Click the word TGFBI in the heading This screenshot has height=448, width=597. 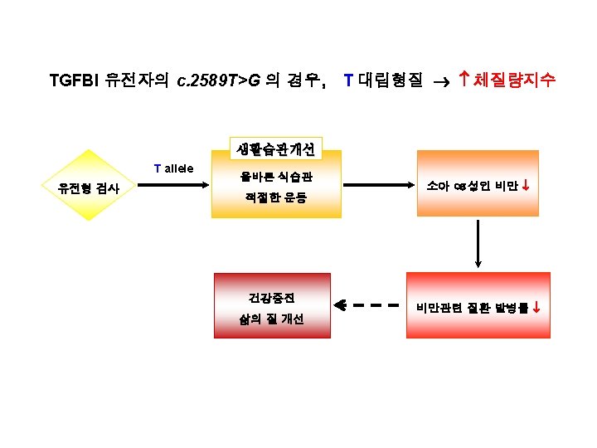pyautogui.click(x=75, y=80)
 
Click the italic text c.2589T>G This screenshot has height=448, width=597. pyautogui.click(x=218, y=80)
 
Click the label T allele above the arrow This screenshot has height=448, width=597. pyautogui.click(x=173, y=168)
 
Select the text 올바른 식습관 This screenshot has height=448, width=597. pyautogui.click(x=276, y=177)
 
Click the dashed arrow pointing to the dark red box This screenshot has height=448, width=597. pyautogui.click(x=369, y=305)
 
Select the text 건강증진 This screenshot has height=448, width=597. pyautogui.click(x=272, y=296)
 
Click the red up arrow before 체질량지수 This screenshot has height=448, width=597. pyautogui.click(x=465, y=80)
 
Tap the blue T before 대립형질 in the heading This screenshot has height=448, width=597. pyautogui.click(x=348, y=80)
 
